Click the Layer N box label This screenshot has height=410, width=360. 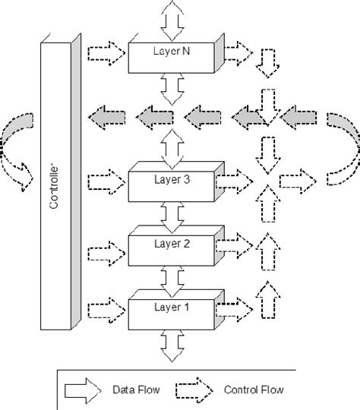coord(174,50)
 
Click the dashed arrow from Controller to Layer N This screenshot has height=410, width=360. coord(106,54)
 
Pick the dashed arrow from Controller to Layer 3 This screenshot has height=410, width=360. coord(106,182)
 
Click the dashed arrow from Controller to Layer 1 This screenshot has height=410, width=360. coord(106,311)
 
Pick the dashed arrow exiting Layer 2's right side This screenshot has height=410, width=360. coord(238,244)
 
